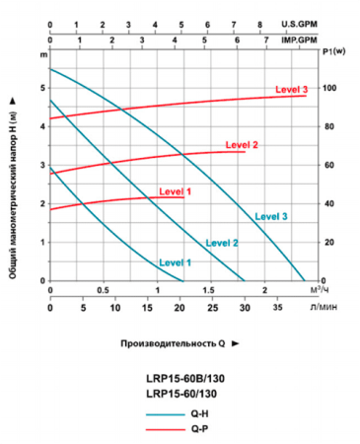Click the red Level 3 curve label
pyautogui.click(x=292, y=90)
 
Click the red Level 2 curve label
pyautogui.click(x=241, y=145)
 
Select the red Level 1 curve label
pyautogui.click(x=174, y=191)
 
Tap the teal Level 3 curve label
pyautogui.click(x=270, y=216)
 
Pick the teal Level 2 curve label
pyautogui.click(x=222, y=243)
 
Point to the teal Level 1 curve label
pyautogui.click(x=175, y=262)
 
